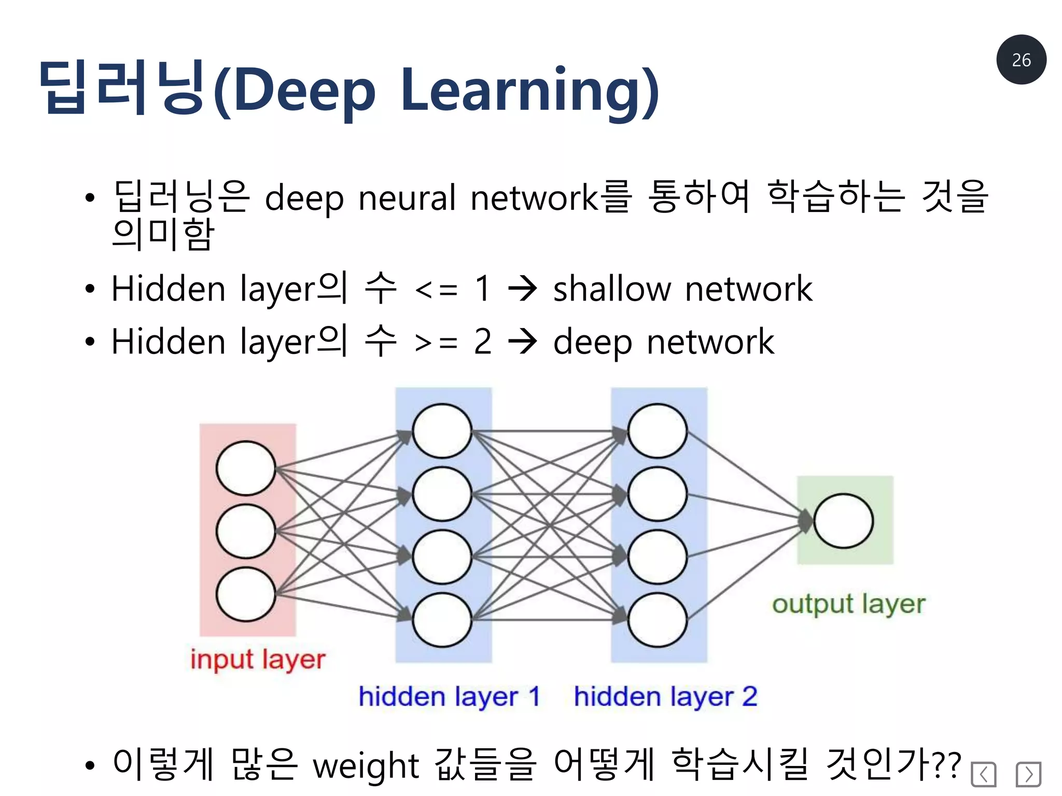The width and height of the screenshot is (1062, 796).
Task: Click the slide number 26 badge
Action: (x=1021, y=60)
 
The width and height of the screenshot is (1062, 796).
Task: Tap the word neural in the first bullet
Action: (x=407, y=197)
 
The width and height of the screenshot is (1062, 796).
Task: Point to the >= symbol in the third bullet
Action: (x=436, y=343)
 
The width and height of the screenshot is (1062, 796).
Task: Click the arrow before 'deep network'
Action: (x=522, y=342)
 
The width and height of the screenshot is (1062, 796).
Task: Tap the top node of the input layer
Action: (x=246, y=468)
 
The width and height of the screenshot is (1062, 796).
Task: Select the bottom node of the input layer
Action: (x=246, y=594)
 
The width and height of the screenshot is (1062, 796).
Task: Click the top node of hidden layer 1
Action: (x=442, y=431)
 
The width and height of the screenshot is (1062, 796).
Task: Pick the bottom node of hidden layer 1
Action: (x=442, y=620)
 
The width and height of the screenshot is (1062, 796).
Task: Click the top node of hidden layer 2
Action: (x=657, y=431)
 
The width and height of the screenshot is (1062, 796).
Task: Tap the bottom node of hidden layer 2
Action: (x=657, y=620)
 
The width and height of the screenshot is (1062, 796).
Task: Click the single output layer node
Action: (x=843, y=521)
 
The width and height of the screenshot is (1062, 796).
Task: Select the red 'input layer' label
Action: (x=258, y=660)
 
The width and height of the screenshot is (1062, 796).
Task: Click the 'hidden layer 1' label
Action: (x=449, y=696)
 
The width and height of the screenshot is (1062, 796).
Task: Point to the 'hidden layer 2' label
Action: (x=665, y=696)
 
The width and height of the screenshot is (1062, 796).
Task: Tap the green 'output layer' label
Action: (x=848, y=604)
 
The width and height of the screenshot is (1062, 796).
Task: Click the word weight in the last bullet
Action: (x=366, y=765)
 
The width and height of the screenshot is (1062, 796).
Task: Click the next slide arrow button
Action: (x=1028, y=774)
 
